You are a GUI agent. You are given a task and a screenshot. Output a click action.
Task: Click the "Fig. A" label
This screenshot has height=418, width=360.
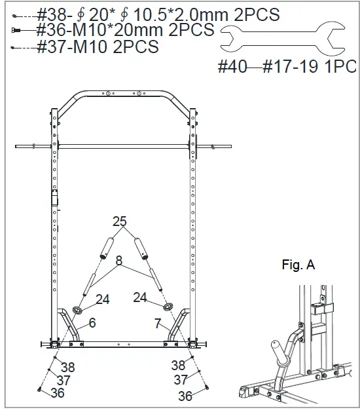pos(298,265)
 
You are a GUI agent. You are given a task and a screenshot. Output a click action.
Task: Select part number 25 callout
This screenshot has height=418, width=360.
pos(119,222)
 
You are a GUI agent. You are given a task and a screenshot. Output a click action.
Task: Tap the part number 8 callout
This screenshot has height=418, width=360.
pos(119,261)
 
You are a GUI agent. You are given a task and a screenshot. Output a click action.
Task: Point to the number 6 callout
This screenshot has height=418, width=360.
pos(92,322)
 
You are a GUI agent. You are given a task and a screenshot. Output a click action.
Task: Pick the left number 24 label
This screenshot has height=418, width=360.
pos(103,299)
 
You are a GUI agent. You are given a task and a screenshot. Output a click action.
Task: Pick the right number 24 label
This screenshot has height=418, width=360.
pos(141,297)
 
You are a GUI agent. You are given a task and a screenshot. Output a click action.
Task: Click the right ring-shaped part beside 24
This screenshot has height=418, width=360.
pos(168,307)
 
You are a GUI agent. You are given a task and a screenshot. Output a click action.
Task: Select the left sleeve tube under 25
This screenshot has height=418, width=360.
pos(106,250)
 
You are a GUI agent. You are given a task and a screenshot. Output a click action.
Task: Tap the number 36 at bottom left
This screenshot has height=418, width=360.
pos(58,393)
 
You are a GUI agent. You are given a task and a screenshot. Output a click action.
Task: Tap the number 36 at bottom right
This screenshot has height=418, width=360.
pos(186,396)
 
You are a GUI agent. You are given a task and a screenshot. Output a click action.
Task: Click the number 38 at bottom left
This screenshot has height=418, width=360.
pos(67,368)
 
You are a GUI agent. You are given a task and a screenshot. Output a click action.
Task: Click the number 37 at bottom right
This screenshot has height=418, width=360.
pos(181,380)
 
